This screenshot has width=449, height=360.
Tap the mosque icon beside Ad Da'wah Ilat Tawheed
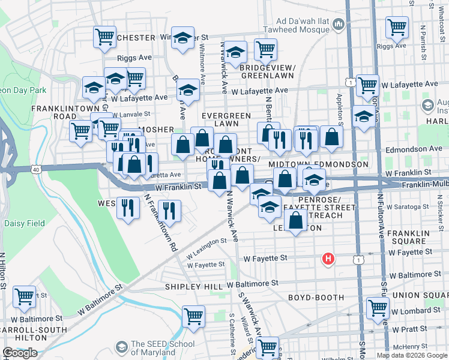click(339, 25)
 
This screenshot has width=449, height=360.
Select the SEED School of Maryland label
click(163, 348)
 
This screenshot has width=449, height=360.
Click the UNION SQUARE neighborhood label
click(420, 295)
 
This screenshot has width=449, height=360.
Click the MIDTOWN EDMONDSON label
click(318, 164)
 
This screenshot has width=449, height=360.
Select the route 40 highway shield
click(37, 170)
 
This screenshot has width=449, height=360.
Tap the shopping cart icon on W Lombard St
click(378, 307)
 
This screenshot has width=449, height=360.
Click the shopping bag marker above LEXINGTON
click(296, 221)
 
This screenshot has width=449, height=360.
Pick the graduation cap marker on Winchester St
click(182, 37)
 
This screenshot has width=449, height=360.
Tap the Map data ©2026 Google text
click(412, 355)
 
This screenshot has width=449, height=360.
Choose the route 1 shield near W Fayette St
click(358, 259)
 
